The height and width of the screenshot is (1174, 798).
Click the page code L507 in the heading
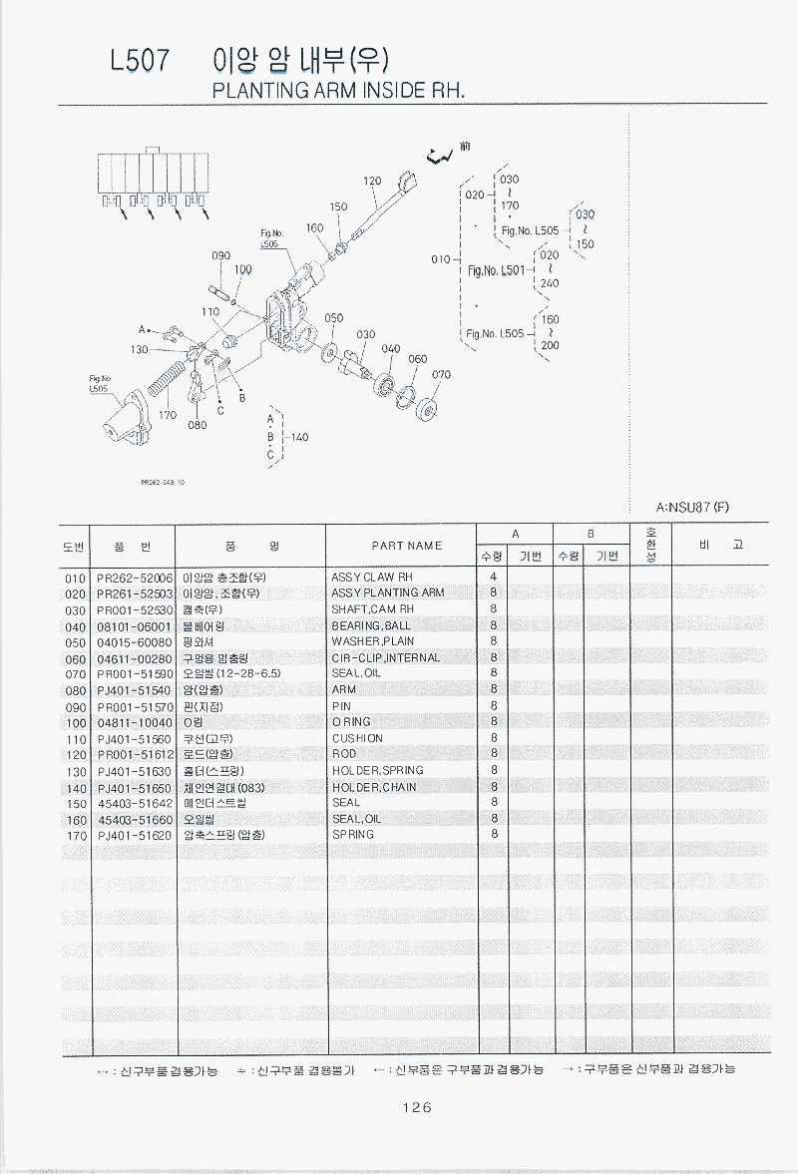(x=140, y=61)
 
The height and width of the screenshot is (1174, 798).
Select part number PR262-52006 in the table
(x=135, y=578)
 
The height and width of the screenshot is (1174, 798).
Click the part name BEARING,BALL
(x=370, y=625)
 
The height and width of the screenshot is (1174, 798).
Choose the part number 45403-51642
(x=135, y=803)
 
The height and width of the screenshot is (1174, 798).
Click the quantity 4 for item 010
(x=493, y=578)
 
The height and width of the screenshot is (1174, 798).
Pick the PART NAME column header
(x=406, y=546)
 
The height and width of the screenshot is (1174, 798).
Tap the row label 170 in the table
(x=76, y=836)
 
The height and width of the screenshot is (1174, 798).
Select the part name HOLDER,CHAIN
(x=373, y=787)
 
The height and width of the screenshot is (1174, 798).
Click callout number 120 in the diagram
(x=372, y=182)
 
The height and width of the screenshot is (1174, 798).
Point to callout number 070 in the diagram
(x=441, y=375)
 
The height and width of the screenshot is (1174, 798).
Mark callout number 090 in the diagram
(x=221, y=256)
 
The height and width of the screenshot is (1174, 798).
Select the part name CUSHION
(x=356, y=738)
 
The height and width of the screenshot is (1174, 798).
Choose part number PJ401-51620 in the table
(x=135, y=836)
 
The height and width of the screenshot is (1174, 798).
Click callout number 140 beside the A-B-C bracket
(x=298, y=437)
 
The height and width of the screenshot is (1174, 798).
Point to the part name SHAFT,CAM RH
(x=371, y=609)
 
